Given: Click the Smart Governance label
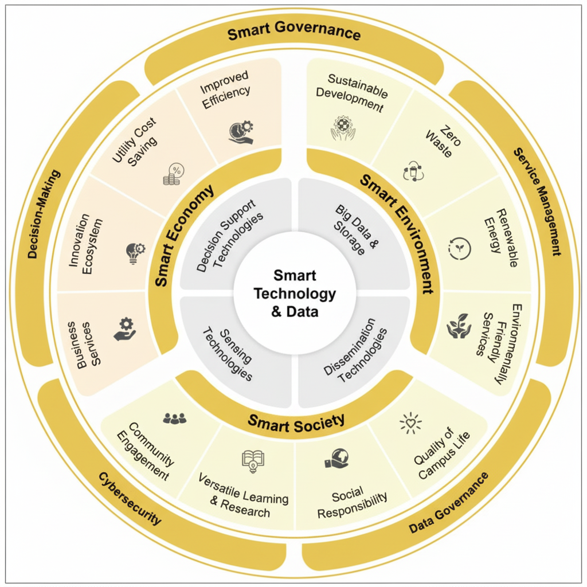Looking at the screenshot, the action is point(294,34).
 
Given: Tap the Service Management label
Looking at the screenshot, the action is point(537,201).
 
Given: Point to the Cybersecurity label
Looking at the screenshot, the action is point(130,499).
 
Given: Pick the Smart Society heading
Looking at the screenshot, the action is point(296,422).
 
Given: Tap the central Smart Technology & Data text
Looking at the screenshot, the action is point(295,293).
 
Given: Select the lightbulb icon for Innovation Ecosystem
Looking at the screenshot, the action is point(135,252).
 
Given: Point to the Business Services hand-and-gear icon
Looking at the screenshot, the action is point(125,329).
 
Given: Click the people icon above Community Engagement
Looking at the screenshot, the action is point(174,419).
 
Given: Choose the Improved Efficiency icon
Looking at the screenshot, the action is point(241,131).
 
